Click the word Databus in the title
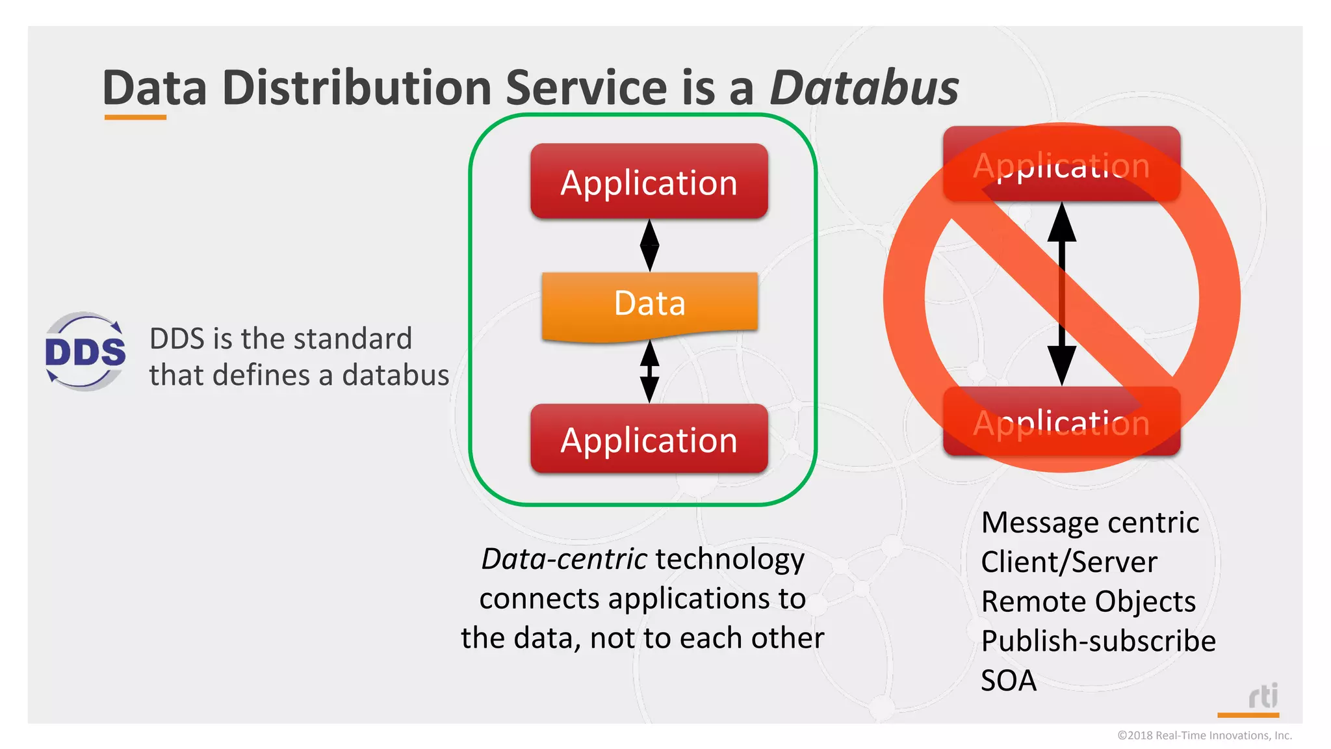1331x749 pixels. click(864, 88)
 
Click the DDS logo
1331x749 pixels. click(85, 352)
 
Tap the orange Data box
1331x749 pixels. click(649, 304)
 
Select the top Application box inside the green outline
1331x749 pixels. click(649, 182)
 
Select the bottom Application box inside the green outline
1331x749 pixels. click(649, 440)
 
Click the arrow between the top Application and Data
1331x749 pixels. click(649, 245)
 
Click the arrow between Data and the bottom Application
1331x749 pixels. click(649, 372)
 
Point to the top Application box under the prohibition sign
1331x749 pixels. click(1061, 164)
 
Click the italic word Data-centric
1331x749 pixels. click(563, 559)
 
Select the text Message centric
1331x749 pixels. click(1090, 523)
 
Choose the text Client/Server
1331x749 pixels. click(1069, 562)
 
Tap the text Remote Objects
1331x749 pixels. click(1088, 601)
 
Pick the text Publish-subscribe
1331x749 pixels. click(1098, 641)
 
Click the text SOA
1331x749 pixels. click(1009, 681)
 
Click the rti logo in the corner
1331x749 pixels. click(1263, 697)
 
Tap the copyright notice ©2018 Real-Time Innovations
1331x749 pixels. click(1204, 735)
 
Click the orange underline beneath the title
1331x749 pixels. click(135, 118)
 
